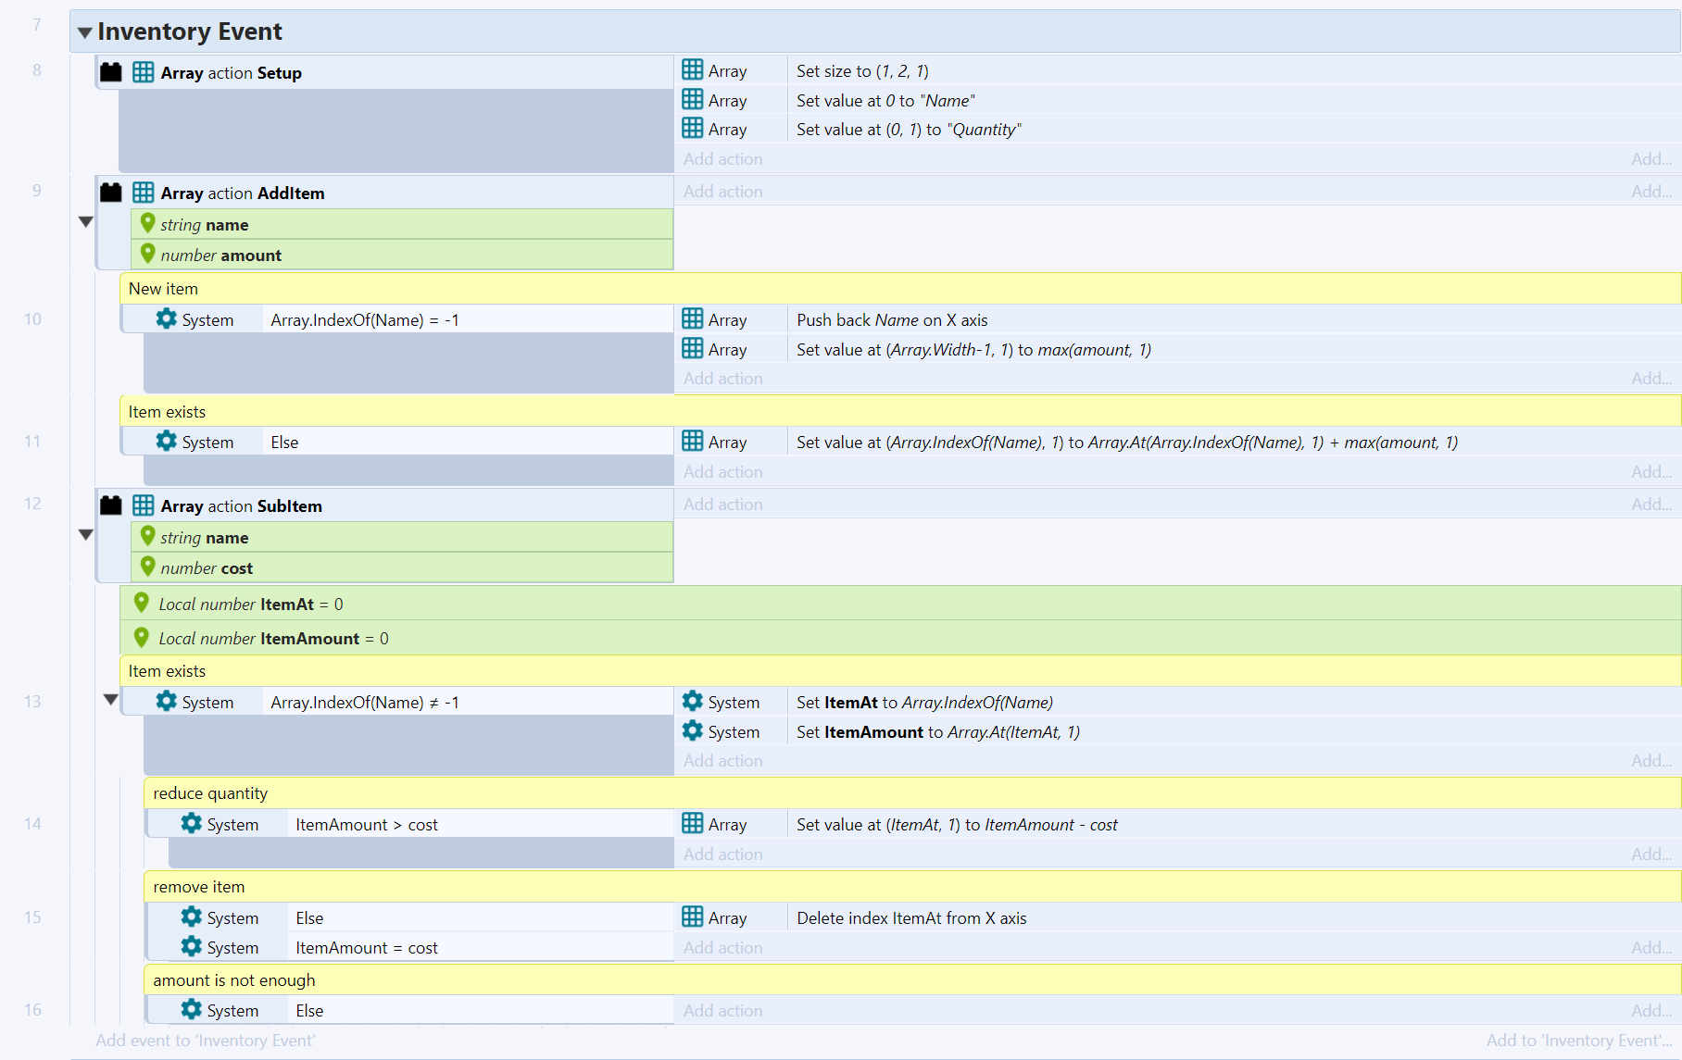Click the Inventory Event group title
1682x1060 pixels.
(x=189, y=31)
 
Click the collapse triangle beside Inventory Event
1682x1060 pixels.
(x=85, y=32)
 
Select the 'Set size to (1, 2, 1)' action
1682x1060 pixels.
(x=861, y=71)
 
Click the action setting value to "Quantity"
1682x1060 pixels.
(x=908, y=130)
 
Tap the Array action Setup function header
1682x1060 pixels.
(x=231, y=73)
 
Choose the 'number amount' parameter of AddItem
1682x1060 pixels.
(x=220, y=256)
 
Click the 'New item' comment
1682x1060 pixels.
(x=163, y=289)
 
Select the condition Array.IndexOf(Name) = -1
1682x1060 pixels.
(x=364, y=320)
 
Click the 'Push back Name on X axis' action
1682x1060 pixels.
(x=891, y=320)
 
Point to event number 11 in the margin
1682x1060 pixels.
(x=32, y=442)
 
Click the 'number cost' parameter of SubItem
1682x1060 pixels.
(x=206, y=568)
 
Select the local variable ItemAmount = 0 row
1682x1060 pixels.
(x=273, y=639)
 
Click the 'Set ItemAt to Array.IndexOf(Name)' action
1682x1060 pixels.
(x=923, y=703)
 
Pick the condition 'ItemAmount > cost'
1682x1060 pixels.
(x=366, y=825)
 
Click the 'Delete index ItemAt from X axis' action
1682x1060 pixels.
(x=910, y=918)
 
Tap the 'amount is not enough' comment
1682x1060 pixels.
(x=233, y=980)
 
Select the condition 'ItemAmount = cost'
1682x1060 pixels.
(x=366, y=948)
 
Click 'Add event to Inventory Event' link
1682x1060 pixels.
(x=205, y=1041)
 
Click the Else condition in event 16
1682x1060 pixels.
(x=309, y=1011)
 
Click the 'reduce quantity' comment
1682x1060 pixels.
(x=210, y=793)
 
